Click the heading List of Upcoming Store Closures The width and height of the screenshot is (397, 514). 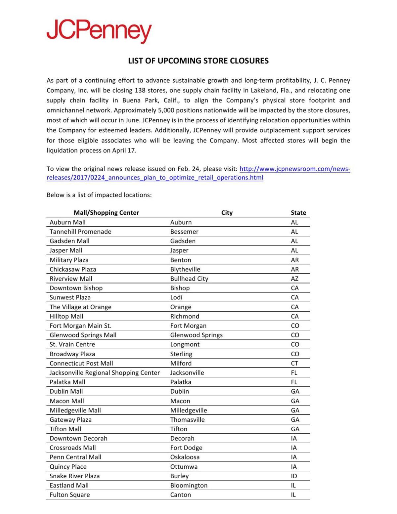198,61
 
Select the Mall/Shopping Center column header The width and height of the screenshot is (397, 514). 106,213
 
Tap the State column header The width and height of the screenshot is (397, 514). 298,213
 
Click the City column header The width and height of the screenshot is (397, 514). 227,213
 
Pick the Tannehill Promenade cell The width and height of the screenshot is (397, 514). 80,232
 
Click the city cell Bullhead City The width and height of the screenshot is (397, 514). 189,278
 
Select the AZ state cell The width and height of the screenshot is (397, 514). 294,278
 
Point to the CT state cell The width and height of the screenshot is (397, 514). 294,363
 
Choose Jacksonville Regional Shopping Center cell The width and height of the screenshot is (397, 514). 105,373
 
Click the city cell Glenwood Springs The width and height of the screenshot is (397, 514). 196,335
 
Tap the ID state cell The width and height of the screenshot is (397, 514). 294,476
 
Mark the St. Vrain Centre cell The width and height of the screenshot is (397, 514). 72,344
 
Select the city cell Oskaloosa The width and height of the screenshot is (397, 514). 185,457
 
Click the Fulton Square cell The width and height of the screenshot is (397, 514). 69,495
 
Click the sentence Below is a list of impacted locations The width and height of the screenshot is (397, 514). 99,195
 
